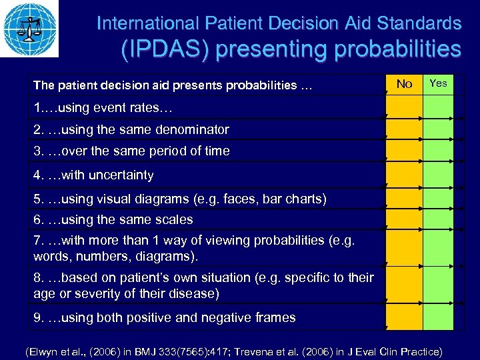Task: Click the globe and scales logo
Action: point(29,29)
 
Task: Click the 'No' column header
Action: point(404,84)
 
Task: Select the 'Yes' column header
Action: point(438,83)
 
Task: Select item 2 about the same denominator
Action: point(131,129)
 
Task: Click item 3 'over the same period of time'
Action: point(131,151)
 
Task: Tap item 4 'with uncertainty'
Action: point(93,175)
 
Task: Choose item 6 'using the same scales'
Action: point(113,219)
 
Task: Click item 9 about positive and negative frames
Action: point(165,317)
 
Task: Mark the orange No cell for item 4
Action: point(404,175)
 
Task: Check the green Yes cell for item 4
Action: point(438,175)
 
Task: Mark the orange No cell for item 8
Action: point(404,285)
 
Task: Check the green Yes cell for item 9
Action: point(438,317)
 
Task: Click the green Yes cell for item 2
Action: point(438,129)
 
